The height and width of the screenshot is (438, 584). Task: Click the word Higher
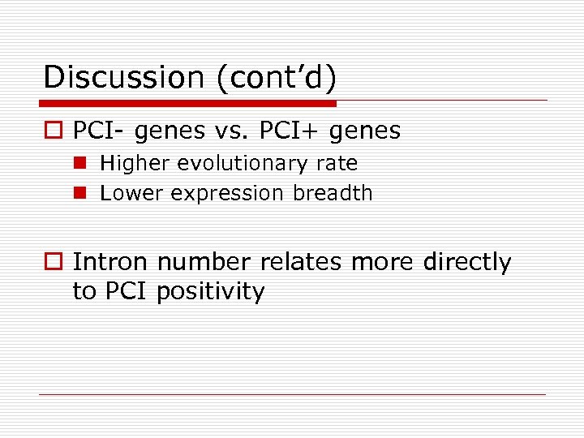(135, 164)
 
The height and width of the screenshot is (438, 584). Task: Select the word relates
(295, 263)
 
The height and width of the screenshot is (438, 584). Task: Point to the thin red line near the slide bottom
(292, 394)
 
